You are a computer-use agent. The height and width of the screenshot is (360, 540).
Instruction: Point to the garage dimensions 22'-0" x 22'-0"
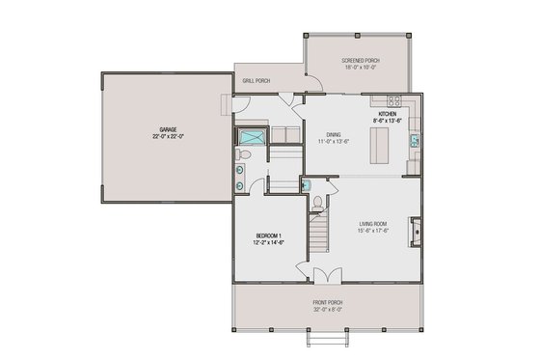coord(167,136)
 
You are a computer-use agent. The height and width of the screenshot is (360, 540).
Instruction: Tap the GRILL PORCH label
coord(256,81)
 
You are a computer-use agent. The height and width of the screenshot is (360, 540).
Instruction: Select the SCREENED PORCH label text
coord(361,61)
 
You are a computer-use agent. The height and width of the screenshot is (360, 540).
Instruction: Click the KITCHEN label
coord(388,113)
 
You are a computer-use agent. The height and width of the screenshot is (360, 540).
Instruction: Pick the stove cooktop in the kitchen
coord(393,100)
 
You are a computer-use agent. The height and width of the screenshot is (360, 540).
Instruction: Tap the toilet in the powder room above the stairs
coord(317,203)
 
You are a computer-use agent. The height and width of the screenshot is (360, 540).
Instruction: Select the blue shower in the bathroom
coord(251,135)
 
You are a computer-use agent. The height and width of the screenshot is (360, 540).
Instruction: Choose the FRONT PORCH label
coord(327,303)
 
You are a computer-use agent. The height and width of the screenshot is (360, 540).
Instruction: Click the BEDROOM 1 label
coord(269,235)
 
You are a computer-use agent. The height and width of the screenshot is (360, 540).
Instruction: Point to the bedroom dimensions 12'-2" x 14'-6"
coord(269,243)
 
